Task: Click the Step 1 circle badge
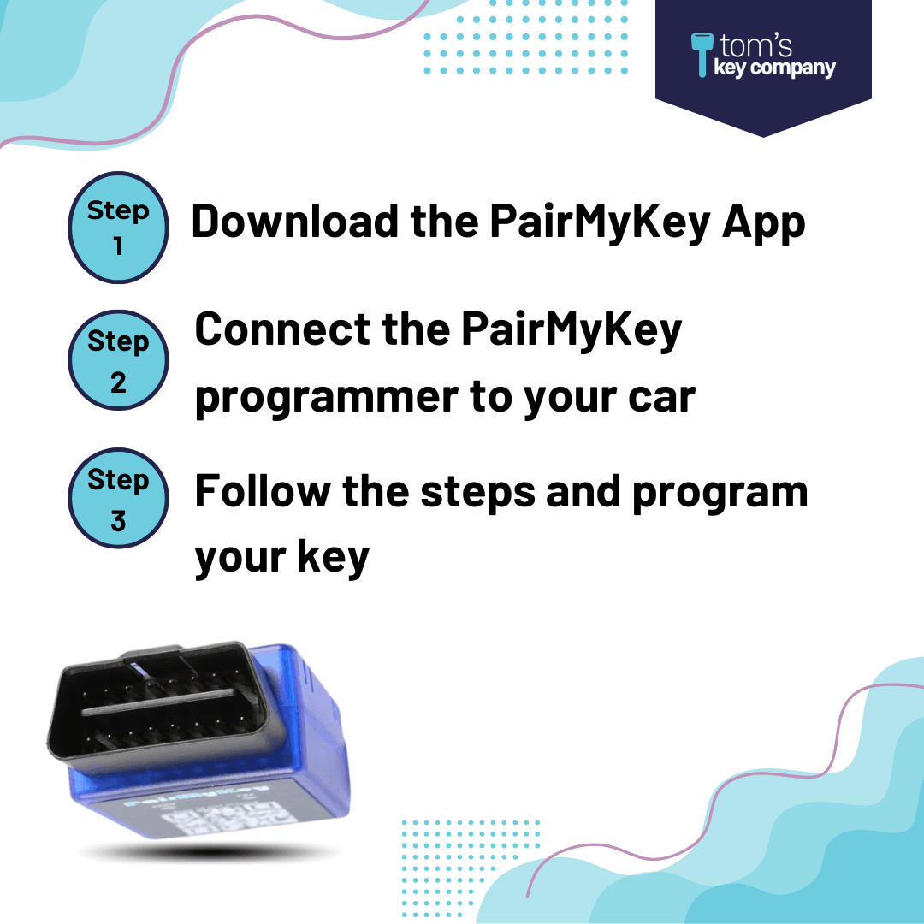tap(118, 228)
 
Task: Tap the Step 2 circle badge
tap(118, 360)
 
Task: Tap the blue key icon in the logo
tap(702, 54)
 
